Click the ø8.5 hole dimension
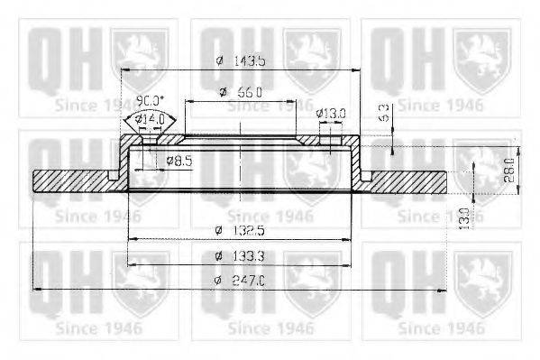pos(180,161)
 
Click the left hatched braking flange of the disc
pos(72,180)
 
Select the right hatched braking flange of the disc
pos(406,180)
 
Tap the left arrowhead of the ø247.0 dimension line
pos(35,289)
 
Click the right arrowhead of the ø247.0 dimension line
pos(443,289)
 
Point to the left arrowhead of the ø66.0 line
pos(188,100)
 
